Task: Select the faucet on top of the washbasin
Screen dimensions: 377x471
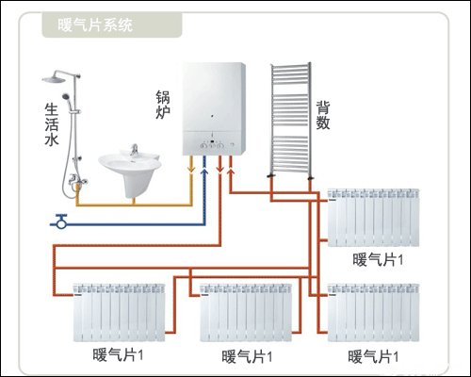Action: coord(134,150)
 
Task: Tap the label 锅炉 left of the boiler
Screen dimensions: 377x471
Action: coord(164,106)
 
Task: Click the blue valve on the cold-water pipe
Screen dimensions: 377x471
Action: coord(62,222)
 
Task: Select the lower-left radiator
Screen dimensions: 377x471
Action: coord(119,309)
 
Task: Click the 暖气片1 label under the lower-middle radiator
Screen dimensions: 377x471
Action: coord(246,357)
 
